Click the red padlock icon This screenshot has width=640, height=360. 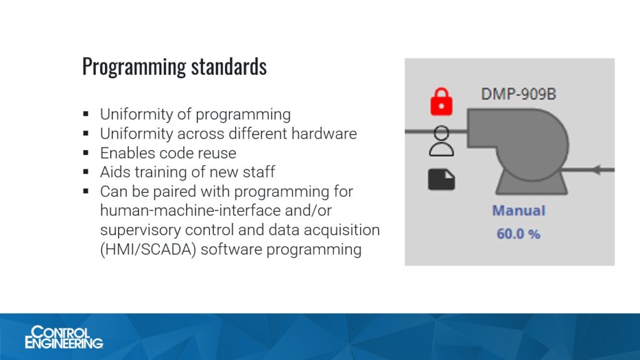tap(441, 101)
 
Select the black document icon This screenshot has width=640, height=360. tap(441, 179)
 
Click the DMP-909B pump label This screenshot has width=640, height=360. tap(519, 94)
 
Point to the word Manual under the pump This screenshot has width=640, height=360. tap(519, 211)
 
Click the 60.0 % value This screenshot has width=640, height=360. tap(519, 234)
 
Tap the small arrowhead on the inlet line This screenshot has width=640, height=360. tap(596, 169)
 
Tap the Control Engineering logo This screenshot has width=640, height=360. tap(64, 337)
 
